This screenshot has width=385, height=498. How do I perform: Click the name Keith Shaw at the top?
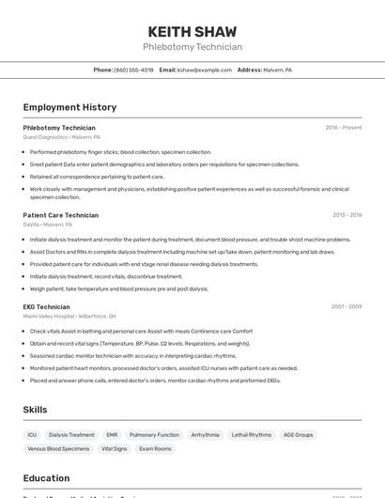click(x=192, y=32)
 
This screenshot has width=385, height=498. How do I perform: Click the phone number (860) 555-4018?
click(x=134, y=70)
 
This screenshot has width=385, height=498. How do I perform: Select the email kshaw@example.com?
click(x=206, y=70)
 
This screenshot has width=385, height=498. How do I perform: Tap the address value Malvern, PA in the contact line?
click(x=278, y=70)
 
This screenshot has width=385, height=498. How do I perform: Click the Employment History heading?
click(x=69, y=108)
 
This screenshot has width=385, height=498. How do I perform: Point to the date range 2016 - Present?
click(x=344, y=127)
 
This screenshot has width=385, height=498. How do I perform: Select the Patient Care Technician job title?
click(x=61, y=215)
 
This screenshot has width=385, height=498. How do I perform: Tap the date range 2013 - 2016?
click(x=346, y=215)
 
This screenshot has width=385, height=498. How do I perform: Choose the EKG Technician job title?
click(x=47, y=306)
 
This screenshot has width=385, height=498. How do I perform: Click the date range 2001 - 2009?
click(x=346, y=306)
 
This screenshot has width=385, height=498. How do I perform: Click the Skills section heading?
click(x=35, y=410)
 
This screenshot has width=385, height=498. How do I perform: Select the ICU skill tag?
click(x=32, y=435)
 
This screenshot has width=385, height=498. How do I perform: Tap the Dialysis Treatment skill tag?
click(x=71, y=435)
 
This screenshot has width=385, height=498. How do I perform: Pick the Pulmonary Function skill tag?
click(x=154, y=435)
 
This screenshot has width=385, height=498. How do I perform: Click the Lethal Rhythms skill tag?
click(x=252, y=435)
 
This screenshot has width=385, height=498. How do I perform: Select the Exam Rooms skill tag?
click(x=156, y=449)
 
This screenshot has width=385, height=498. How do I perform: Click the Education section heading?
click(x=46, y=478)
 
